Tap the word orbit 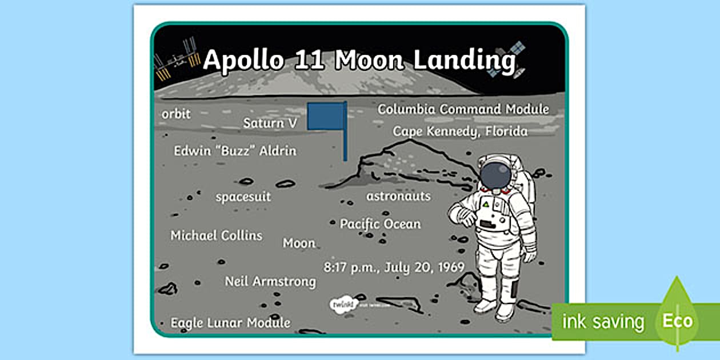point(176,114)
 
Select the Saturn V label point(270,123)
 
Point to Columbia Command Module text point(463,109)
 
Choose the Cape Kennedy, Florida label point(459,131)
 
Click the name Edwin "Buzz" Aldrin point(235,151)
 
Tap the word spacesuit point(243,197)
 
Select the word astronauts point(398,196)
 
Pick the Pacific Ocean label point(380,224)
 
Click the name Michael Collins point(216,235)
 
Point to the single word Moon point(299,243)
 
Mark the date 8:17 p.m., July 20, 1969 point(394,267)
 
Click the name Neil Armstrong point(270,281)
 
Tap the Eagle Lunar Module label point(230,323)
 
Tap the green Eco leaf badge point(677,316)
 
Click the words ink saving point(603,322)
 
